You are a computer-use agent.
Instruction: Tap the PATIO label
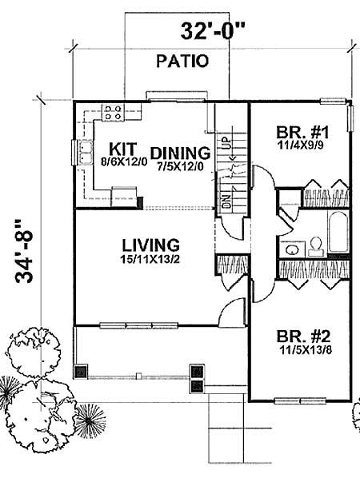(x=183, y=60)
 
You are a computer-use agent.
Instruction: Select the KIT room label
(x=122, y=148)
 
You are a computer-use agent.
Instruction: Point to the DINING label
(x=180, y=152)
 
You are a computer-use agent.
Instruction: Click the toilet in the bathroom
(x=314, y=242)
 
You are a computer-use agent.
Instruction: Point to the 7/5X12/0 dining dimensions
(x=180, y=166)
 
